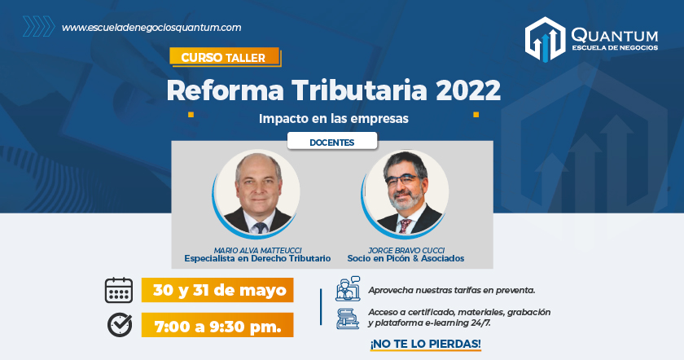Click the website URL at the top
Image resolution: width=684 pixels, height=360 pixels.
click(x=151, y=28)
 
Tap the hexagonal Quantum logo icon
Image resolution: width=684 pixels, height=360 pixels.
click(x=545, y=39)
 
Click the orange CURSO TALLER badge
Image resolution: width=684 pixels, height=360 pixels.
click(x=225, y=57)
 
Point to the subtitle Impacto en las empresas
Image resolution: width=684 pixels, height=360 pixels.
click(x=334, y=118)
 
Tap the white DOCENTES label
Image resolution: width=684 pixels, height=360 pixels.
click(x=332, y=142)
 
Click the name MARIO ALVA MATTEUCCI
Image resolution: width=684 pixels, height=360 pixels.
click(x=257, y=251)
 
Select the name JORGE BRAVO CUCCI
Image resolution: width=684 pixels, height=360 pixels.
click(x=406, y=251)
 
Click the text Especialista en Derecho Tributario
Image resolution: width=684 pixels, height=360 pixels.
click(x=257, y=258)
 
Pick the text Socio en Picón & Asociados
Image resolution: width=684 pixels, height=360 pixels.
click(x=406, y=258)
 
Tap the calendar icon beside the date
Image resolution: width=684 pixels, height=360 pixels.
click(x=119, y=290)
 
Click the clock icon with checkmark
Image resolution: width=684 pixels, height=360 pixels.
click(x=120, y=325)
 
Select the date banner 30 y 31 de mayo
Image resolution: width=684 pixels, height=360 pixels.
click(x=217, y=290)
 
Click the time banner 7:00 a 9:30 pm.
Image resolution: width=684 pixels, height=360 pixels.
click(x=217, y=325)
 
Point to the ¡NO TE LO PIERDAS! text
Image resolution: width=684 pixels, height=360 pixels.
click(x=425, y=344)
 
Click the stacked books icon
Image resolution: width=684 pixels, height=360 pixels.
click(x=348, y=318)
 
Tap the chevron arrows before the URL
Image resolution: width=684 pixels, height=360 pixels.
click(x=39, y=26)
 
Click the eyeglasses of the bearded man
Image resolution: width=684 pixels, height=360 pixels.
click(x=402, y=180)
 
